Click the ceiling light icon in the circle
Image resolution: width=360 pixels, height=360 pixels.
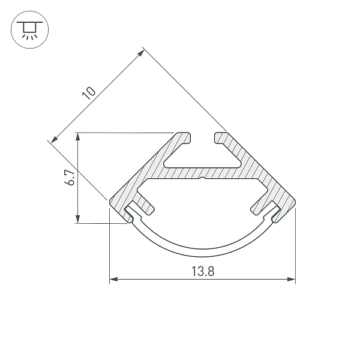coord(29,29)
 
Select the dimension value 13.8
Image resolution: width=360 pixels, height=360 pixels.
coord(203,271)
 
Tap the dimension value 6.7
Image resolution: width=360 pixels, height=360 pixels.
coord(70,178)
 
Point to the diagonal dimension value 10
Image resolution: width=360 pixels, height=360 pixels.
coord(89,92)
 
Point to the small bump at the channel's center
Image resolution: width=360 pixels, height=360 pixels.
coord(203,178)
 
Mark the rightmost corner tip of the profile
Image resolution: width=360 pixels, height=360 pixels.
coord(295,201)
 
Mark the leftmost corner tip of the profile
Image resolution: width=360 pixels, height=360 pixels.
coord(110,201)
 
